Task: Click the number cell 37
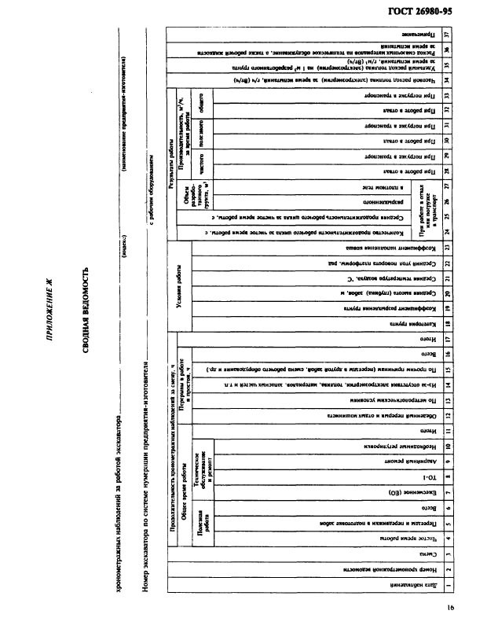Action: [446, 35]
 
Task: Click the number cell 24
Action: [446, 231]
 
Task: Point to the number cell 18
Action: [446, 323]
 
